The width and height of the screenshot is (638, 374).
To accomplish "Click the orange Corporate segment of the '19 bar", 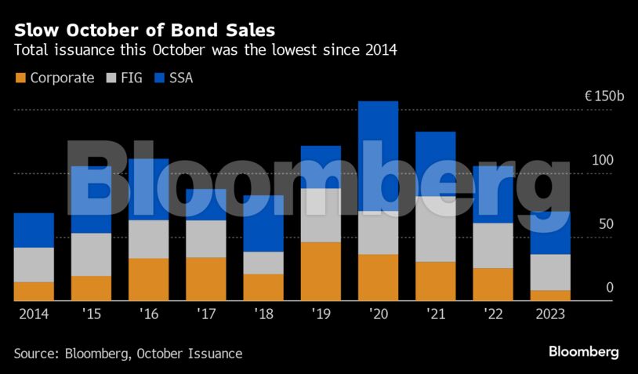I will point(321,271).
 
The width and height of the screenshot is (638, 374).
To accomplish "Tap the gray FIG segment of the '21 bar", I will point(435,228).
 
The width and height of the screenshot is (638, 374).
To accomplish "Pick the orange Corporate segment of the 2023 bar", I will point(549,296).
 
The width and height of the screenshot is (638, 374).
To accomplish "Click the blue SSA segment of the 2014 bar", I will point(34,230).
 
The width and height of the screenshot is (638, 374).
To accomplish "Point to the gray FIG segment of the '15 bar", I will point(91,254).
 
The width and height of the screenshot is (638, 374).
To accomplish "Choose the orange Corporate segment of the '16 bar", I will point(148,279).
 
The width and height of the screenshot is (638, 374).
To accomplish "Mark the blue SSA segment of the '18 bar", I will point(263,223).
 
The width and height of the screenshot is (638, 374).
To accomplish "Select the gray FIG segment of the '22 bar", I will point(492,245).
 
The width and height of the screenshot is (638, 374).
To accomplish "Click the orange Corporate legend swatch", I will point(20,78).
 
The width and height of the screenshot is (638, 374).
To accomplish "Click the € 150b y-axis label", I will point(604,96).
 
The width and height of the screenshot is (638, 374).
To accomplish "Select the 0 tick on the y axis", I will point(609,289).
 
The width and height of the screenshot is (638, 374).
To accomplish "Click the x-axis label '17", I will point(205,313).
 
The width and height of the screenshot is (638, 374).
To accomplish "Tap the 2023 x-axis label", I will point(549,313).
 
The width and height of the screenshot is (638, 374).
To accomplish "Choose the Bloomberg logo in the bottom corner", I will point(583,351).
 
